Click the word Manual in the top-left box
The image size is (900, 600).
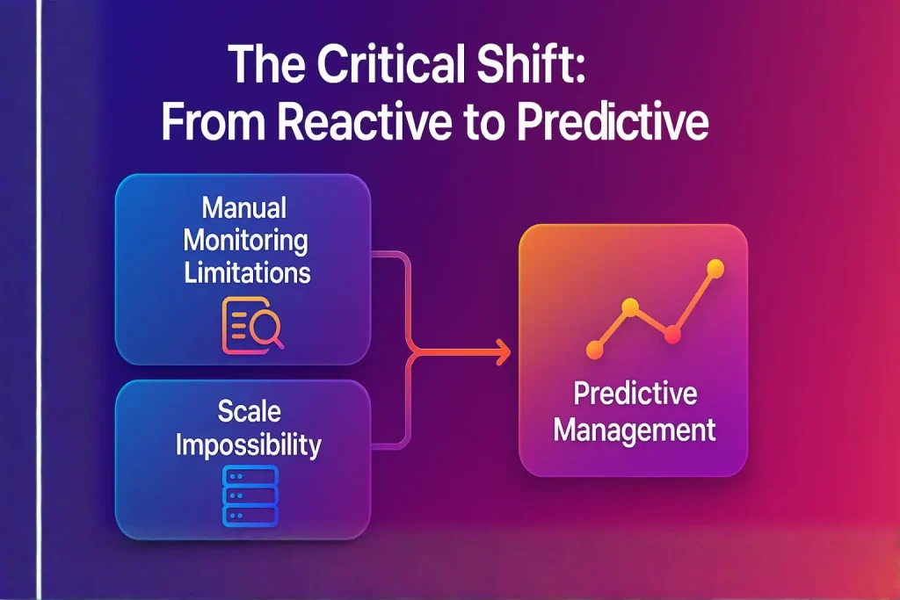pos(244,208)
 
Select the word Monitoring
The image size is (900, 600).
pos(246,240)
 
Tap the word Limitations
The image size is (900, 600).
pos(247,271)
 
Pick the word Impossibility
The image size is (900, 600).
pos(248,445)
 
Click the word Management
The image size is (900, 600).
pos(635,430)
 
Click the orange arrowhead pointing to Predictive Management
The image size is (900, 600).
pos(504,353)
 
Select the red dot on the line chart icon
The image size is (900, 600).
pos(672,334)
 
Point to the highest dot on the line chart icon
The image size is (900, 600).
pos(715,269)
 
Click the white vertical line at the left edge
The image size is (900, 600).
pos(39,299)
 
